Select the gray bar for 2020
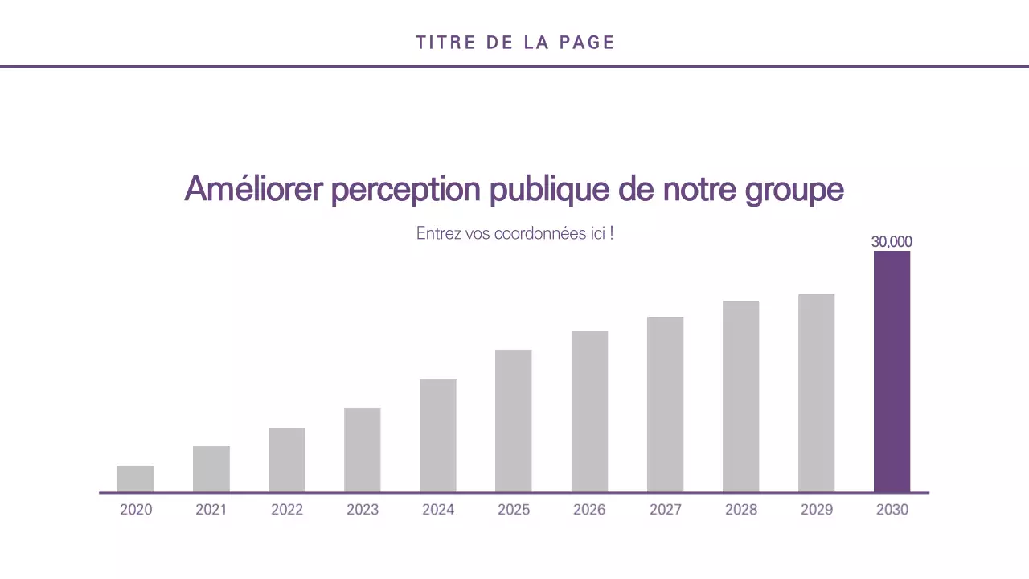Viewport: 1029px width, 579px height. [x=135, y=478]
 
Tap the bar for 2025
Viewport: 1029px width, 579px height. [x=513, y=421]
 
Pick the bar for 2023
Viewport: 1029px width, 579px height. [x=362, y=450]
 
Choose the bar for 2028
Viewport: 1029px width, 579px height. [x=740, y=396]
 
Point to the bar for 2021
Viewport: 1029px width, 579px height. [x=211, y=469]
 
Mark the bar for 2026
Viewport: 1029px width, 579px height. [x=589, y=411]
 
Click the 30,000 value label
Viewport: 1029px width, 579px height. [x=892, y=241]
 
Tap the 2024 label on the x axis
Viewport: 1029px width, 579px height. [x=437, y=510]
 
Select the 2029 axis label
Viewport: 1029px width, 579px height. [x=816, y=510]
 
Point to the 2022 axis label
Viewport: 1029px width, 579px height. [x=286, y=510]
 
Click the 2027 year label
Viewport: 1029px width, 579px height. [x=665, y=510]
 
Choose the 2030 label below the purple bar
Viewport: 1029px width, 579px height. [x=892, y=510]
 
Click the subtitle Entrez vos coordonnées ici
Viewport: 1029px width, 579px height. [x=514, y=234]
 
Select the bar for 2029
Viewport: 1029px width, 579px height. [x=816, y=393]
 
